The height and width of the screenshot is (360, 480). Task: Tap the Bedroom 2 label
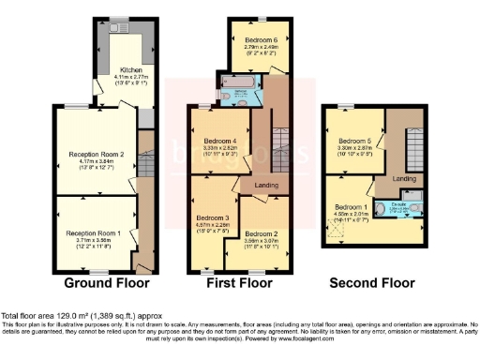point(262,232)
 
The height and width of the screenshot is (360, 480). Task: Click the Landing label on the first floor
point(264,185)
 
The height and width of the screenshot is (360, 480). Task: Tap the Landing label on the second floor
point(404,178)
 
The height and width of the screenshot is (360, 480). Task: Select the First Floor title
point(242,282)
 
